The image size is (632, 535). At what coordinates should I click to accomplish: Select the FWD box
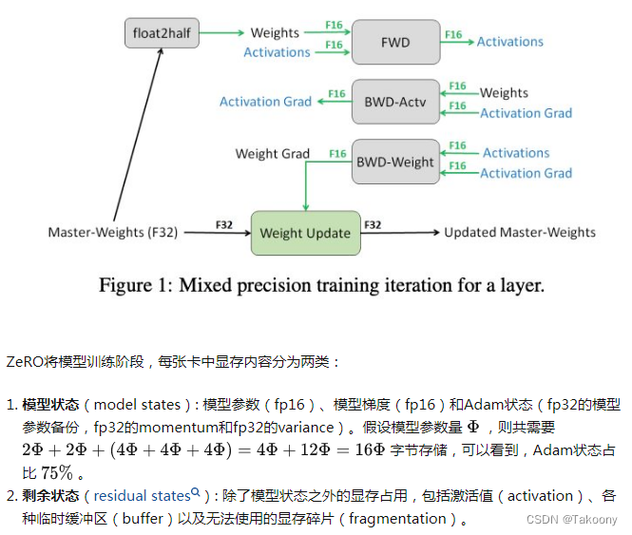(395, 42)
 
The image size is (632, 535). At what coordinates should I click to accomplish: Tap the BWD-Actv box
(395, 101)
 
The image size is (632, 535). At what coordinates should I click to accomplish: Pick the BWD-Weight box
(395, 162)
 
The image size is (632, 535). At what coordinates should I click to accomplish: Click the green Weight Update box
(305, 232)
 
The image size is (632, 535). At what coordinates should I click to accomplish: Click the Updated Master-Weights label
(520, 232)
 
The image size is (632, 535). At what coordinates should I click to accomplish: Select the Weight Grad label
(273, 153)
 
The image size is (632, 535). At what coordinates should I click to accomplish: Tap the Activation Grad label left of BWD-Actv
(265, 102)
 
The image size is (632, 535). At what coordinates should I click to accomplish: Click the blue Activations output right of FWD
(509, 42)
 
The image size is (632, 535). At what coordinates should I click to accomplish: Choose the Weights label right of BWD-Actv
(504, 92)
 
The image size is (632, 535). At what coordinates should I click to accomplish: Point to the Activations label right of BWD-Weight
(516, 152)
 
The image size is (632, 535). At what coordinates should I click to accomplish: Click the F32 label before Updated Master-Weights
(373, 225)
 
